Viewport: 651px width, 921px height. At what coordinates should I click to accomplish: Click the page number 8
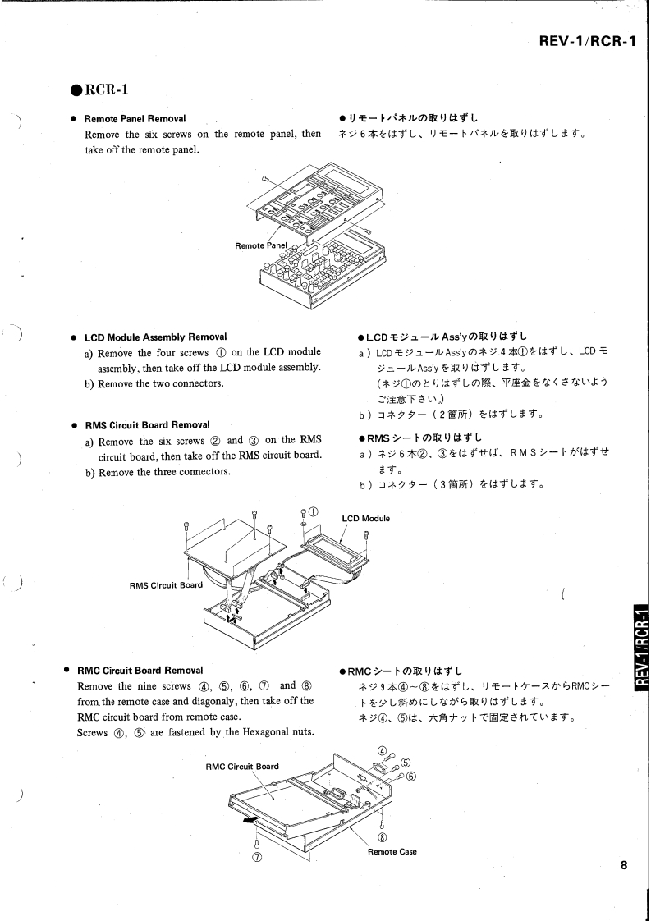(624, 864)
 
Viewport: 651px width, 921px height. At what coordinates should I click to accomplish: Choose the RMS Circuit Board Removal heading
(147, 424)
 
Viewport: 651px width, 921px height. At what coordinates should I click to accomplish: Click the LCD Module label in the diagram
(366, 518)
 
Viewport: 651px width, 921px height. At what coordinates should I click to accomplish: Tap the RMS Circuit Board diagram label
(166, 585)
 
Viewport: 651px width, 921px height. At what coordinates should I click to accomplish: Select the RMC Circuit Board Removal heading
(140, 670)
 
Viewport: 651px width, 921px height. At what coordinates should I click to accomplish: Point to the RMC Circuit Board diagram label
(241, 767)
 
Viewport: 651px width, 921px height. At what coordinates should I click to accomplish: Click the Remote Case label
(392, 851)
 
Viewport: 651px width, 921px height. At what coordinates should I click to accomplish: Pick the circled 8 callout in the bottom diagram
(383, 837)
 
